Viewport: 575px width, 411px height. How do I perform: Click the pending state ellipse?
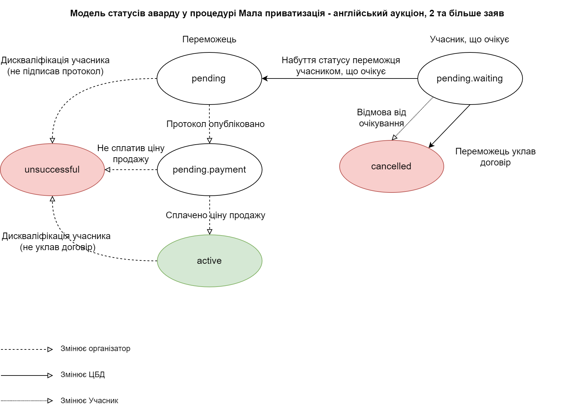click(209, 78)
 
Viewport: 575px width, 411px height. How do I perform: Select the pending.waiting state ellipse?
click(470, 78)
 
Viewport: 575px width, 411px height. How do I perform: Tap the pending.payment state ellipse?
click(209, 170)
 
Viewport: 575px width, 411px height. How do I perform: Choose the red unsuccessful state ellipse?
click(52, 170)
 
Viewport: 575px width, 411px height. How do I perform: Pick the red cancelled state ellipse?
click(391, 166)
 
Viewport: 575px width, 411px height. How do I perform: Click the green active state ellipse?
click(209, 261)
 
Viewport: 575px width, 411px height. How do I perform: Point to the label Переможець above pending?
click(209, 39)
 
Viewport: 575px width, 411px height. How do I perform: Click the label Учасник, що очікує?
click(469, 39)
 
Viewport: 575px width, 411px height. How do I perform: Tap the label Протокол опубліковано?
click(215, 124)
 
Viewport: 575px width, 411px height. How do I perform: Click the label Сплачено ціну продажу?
click(215, 215)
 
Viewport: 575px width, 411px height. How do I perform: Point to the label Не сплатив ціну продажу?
click(131, 153)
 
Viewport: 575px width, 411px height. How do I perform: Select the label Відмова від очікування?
click(381, 118)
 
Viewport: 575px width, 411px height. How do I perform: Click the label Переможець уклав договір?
click(495, 157)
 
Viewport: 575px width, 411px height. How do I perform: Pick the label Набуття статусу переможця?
click(341, 61)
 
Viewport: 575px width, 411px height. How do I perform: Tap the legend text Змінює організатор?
click(95, 348)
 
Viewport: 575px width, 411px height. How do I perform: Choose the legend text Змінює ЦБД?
click(82, 375)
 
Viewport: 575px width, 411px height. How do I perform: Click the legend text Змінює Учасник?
click(89, 401)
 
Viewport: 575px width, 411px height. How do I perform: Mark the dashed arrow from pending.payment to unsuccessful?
click(131, 170)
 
